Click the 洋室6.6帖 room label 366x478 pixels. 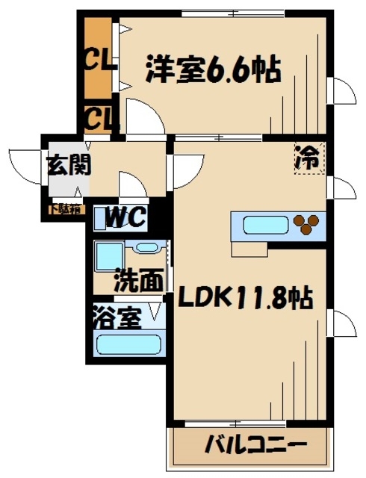point(212,72)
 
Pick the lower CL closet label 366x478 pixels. point(98,117)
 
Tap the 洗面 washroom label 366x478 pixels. point(139,281)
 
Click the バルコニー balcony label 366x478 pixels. point(255,445)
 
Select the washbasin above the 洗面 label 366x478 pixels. point(147,248)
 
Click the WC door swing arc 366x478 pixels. point(131,187)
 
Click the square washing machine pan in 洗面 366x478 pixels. point(109,258)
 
